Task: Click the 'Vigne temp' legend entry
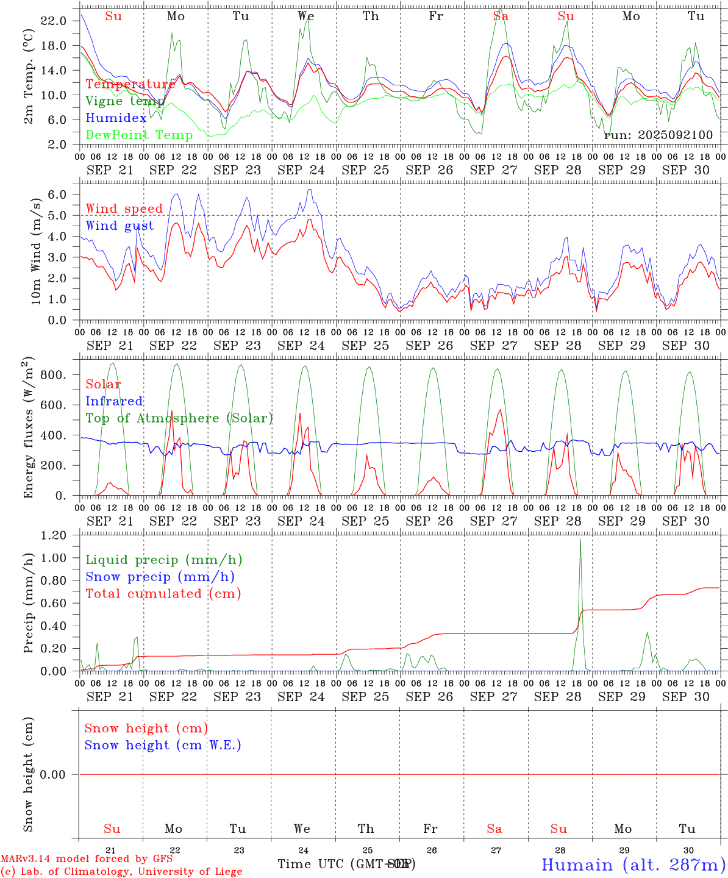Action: [124, 101]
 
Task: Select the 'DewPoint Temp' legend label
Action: [139, 135]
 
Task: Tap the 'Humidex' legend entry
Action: [116, 118]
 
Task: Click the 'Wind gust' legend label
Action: [120, 226]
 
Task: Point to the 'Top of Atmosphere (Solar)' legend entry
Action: [179, 418]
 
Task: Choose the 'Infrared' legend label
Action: [114, 401]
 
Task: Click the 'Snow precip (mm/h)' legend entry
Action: [160, 577]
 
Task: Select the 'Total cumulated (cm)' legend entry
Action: [163, 594]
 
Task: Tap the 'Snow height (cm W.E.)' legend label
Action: [163, 745]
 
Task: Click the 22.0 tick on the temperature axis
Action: [54, 21]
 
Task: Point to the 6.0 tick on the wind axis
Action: [59, 195]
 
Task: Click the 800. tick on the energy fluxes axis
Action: [52, 375]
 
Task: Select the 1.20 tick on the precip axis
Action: [54, 535]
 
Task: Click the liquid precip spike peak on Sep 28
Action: [580, 539]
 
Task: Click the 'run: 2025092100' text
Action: [658, 135]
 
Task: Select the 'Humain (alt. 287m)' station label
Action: [633, 865]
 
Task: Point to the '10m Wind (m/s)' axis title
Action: [36, 251]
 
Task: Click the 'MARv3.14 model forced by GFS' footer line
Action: [87, 858]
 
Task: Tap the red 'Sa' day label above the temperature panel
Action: [501, 16]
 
